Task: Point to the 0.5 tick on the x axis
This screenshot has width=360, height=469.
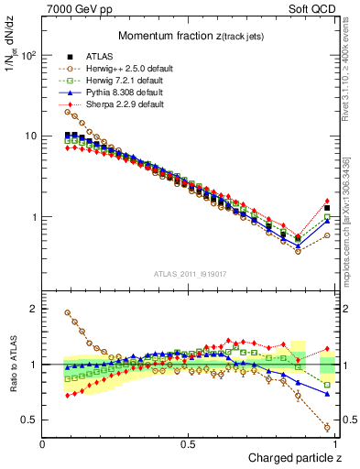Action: (x=188, y=444)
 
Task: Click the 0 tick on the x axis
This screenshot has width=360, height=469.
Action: (x=43, y=444)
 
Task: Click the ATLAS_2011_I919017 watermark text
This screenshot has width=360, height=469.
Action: (x=189, y=272)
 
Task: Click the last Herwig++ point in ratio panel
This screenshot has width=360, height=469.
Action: (x=327, y=427)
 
